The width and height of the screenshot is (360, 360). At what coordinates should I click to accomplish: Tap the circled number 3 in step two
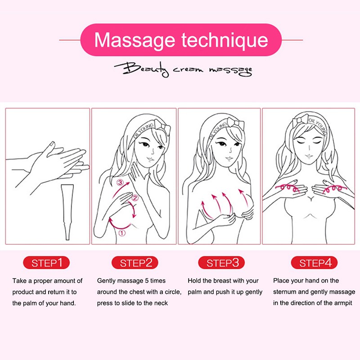click(120, 183)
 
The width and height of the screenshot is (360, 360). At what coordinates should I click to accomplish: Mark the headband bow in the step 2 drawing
click(162, 127)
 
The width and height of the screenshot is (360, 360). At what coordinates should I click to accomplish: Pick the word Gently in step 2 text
click(107, 281)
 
